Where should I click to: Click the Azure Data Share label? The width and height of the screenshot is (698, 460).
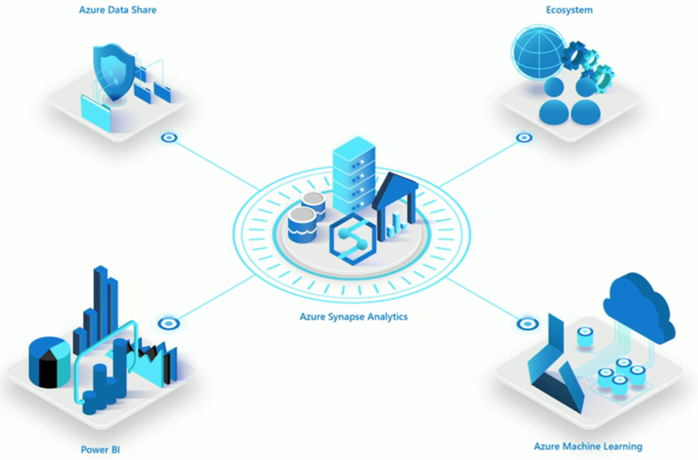pos(118,10)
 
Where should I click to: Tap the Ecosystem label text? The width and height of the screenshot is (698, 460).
pos(569,10)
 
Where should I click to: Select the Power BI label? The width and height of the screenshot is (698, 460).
pos(100,450)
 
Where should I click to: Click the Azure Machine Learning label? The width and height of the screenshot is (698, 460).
pos(588,447)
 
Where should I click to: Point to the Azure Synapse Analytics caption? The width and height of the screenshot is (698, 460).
pos(354,317)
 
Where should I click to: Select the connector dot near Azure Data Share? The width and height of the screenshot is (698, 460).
pos(169,137)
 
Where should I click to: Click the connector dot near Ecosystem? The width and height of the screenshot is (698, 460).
pos(525,137)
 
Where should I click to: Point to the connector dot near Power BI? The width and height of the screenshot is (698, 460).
pos(169,323)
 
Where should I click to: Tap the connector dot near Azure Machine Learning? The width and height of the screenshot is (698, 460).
pos(528,324)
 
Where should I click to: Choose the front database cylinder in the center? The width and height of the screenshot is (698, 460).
pos(302,225)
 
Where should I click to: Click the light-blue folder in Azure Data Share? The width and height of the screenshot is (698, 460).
pos(96,113)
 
